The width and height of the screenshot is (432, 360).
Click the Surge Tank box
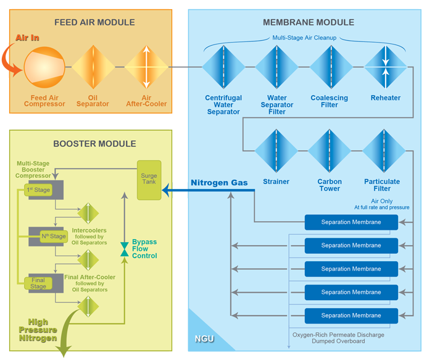149,180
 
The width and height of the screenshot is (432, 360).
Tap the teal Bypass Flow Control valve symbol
125,249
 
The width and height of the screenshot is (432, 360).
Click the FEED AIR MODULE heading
94,23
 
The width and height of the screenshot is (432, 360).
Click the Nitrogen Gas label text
218,182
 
